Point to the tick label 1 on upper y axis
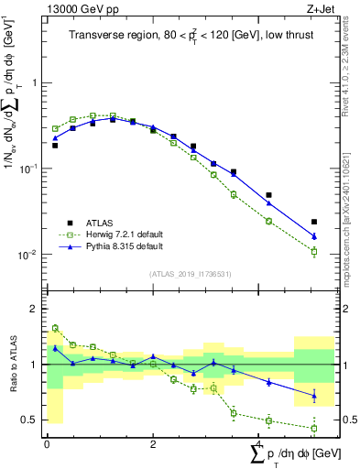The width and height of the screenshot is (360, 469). coord(35,82)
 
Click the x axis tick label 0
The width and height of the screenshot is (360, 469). coord(47,446)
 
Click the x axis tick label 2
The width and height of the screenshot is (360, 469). coord(153,446)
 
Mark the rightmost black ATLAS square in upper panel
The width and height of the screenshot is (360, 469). coord(314,222)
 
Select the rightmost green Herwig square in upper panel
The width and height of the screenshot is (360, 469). coord(314,252)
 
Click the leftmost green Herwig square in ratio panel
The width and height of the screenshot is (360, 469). coord(55,328)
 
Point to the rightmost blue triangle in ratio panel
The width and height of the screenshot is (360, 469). coord(314,396)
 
